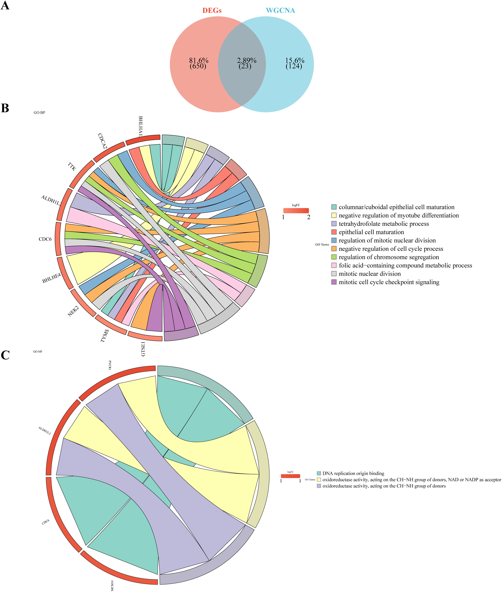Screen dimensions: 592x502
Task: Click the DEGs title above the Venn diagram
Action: point(212,11)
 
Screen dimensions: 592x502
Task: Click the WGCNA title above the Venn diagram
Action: point(280,11)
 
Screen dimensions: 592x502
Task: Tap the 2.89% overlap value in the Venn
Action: point(247,61)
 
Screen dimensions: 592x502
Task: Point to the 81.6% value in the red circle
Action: point(199,61)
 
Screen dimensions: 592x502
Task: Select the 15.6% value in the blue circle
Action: point(295,61)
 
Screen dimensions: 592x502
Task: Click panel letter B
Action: point(5,108)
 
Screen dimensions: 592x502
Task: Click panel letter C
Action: point(5,355)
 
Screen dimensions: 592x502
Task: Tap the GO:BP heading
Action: point(39,113)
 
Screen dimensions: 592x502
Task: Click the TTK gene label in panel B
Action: point(72,166)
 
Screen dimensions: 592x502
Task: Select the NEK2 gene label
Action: point(73,311)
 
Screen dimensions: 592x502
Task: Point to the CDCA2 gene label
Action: point(102,141)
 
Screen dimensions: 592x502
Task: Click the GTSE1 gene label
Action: point(143,349)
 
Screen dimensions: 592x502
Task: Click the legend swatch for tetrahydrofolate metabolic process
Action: point(334,224)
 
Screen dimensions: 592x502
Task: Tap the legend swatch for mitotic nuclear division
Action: point(334,274)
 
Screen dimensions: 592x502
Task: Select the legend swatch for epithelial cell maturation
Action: point(334,232)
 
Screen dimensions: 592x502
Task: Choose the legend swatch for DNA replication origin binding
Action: point(319,473)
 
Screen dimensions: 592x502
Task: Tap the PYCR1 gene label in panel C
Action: point(110,365)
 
